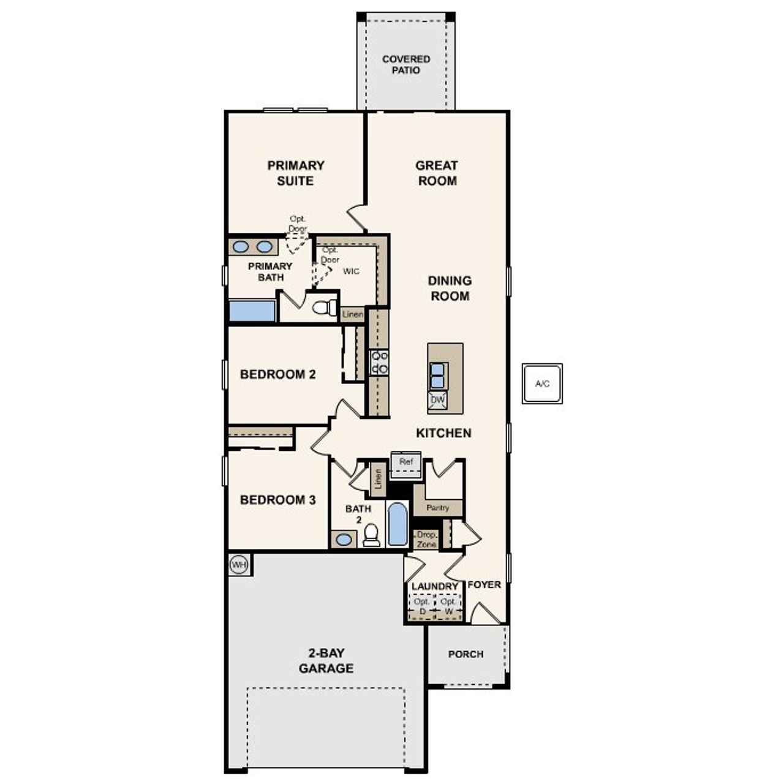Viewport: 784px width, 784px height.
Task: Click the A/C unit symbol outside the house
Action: tap(542, 384)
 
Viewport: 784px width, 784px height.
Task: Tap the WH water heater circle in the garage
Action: tap(239, 564)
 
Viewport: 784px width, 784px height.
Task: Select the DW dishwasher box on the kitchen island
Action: tap(437, 401)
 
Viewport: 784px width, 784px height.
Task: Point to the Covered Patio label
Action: tap(406, 64)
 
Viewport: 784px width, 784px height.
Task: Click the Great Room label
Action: tap(437, 173)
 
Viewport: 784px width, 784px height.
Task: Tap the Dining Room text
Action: tap(449, 288)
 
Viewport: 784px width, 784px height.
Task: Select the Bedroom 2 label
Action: tap(278, 374)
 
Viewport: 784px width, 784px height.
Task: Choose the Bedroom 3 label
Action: tap(278, 500)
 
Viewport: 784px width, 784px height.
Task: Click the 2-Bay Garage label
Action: tap(326, 660)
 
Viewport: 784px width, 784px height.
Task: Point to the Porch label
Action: tap(466, 654)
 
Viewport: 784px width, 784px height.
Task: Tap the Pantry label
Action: tap(437, 508)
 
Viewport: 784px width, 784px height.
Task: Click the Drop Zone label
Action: tap(426, 540)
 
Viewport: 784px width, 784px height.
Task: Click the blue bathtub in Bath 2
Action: tap(398, 524)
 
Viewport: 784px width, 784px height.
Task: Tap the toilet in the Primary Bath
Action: tap(324, 307)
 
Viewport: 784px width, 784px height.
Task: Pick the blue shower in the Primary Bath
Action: tap(252, 311)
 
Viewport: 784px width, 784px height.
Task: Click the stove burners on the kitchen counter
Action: tap(379, 362)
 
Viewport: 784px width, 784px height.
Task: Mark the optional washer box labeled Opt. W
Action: tap(449, 606)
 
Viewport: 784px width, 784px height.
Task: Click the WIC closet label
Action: tap(351, 271)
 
